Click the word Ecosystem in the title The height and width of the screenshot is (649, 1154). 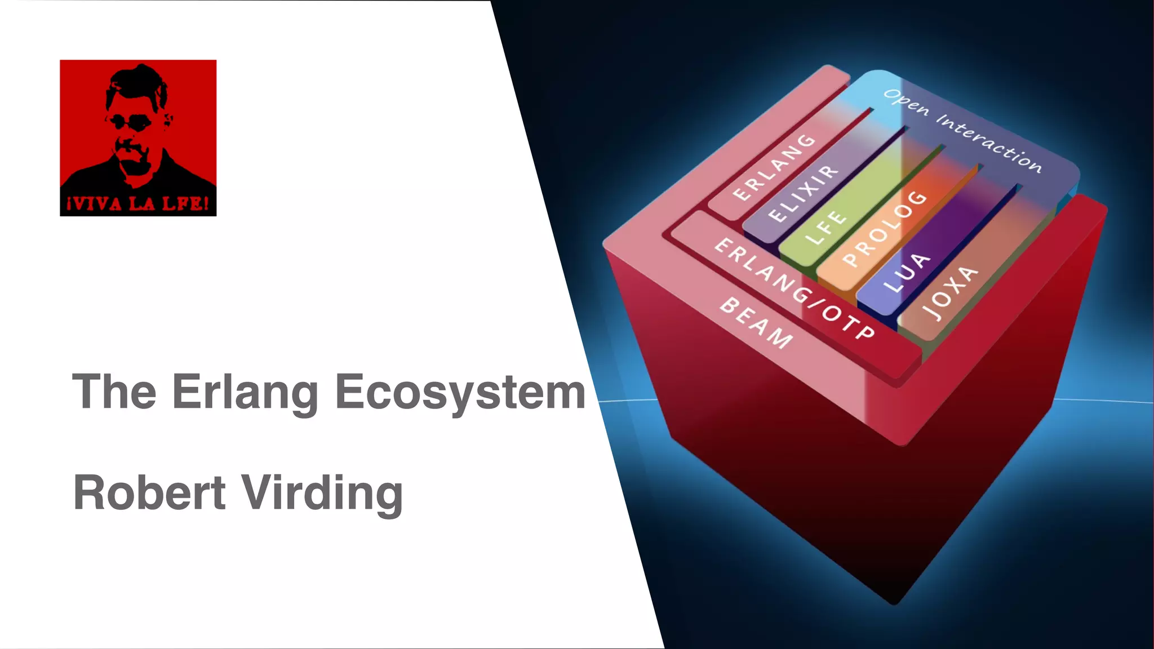click(x=460, y=393)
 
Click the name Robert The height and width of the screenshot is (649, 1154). click(x=149, y=492)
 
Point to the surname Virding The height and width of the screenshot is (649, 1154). click(x=322, y=494)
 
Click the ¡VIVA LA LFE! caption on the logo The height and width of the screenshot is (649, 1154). click(x=138, y=203)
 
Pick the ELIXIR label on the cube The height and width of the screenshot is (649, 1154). click(x=804, y=193)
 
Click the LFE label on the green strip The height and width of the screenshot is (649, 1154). click(x=825, y=228)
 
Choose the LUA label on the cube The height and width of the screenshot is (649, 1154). click(x=907, y=273)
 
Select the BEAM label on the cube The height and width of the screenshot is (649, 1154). click(x=756, y=322)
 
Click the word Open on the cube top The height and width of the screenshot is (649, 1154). click(x=906, y=102)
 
